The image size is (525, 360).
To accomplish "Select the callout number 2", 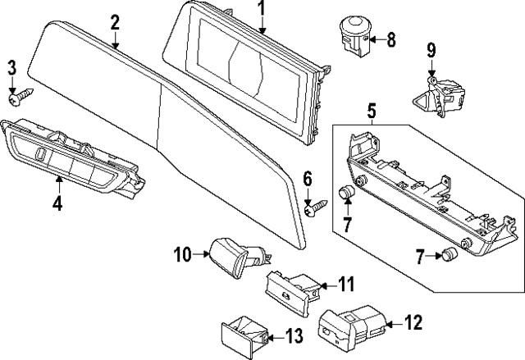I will (115, 22).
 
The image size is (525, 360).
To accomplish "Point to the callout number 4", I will (57, 203).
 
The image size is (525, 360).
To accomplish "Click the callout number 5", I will (371, 110).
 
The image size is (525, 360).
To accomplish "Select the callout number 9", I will (431, 50).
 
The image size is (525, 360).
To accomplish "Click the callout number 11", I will (346, 285).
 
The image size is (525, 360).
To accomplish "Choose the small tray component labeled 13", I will (240, 333).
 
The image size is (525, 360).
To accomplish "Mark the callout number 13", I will (292, 335).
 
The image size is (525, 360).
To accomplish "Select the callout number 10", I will (180, 255).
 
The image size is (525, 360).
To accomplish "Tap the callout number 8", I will (390, 39).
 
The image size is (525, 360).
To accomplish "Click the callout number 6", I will (308, 179).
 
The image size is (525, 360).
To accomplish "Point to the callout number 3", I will (11, 66).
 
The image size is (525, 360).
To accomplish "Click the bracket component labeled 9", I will (436, 92).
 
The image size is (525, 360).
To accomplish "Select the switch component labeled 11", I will (289, 289).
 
